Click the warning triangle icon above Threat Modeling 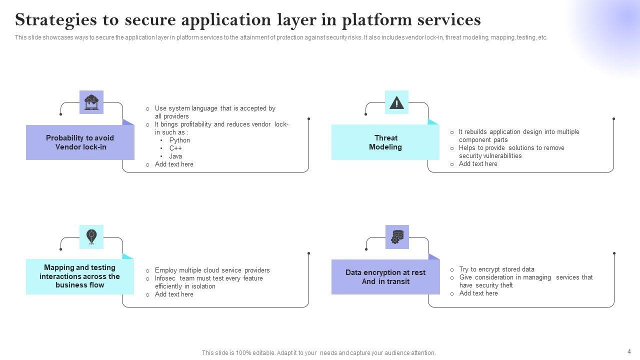(x=396, y=102)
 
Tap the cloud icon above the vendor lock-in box (x=91, y=102)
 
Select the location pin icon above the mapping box (x=91, y=236)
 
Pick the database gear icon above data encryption (x=397, y=236)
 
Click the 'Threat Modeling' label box (x=385, y=142)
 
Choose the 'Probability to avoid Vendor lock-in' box (x=80, y=142)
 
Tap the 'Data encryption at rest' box (x=385, y=277)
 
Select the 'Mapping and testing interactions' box (x=80, y=276)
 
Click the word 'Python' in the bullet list (x=179, y=140)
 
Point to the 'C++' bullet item (x=175, y=148)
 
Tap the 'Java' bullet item (x=175, y=156)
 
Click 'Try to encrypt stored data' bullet (x=496, y=269)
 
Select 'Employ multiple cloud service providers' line (x=212, y=270)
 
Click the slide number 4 (x=629, y=351)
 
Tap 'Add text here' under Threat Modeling (x=478, y=164)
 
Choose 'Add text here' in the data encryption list (x=478, y=293)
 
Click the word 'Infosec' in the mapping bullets (x=165, y=278)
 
